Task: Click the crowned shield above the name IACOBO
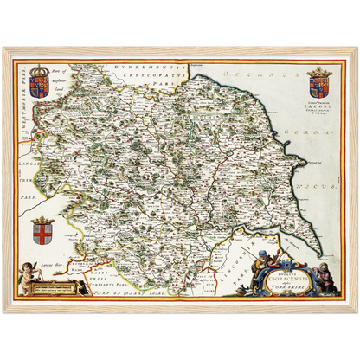pos(318,82)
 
